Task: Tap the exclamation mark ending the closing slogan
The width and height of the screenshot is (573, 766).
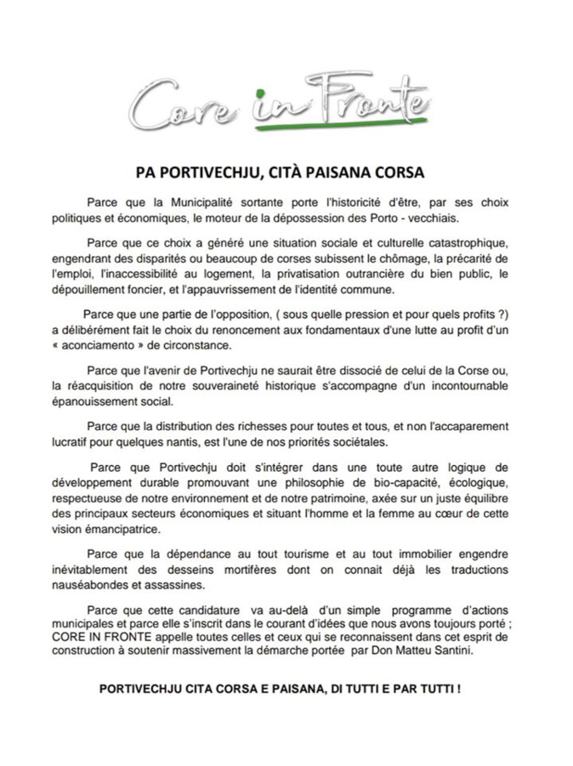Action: point(459,687)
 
